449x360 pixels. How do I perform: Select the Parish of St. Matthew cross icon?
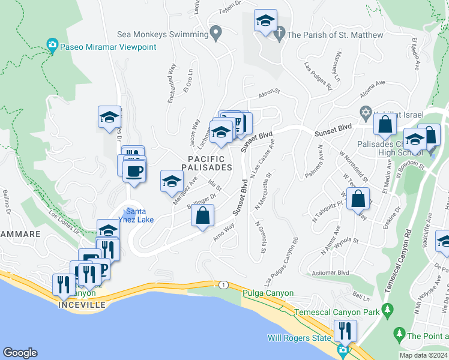click(279, 35)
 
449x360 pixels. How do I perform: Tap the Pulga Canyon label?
click(268, 293)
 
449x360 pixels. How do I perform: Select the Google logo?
click(20, 353)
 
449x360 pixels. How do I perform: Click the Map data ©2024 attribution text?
click(423, 355)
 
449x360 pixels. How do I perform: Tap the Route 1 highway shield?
click(223, 284)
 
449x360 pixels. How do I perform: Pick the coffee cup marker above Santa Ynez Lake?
click(134, 171)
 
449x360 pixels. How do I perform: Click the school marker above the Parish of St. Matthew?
click(265, 21)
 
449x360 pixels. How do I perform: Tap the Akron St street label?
click(269, 93)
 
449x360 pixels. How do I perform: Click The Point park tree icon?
click(399, 333)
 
